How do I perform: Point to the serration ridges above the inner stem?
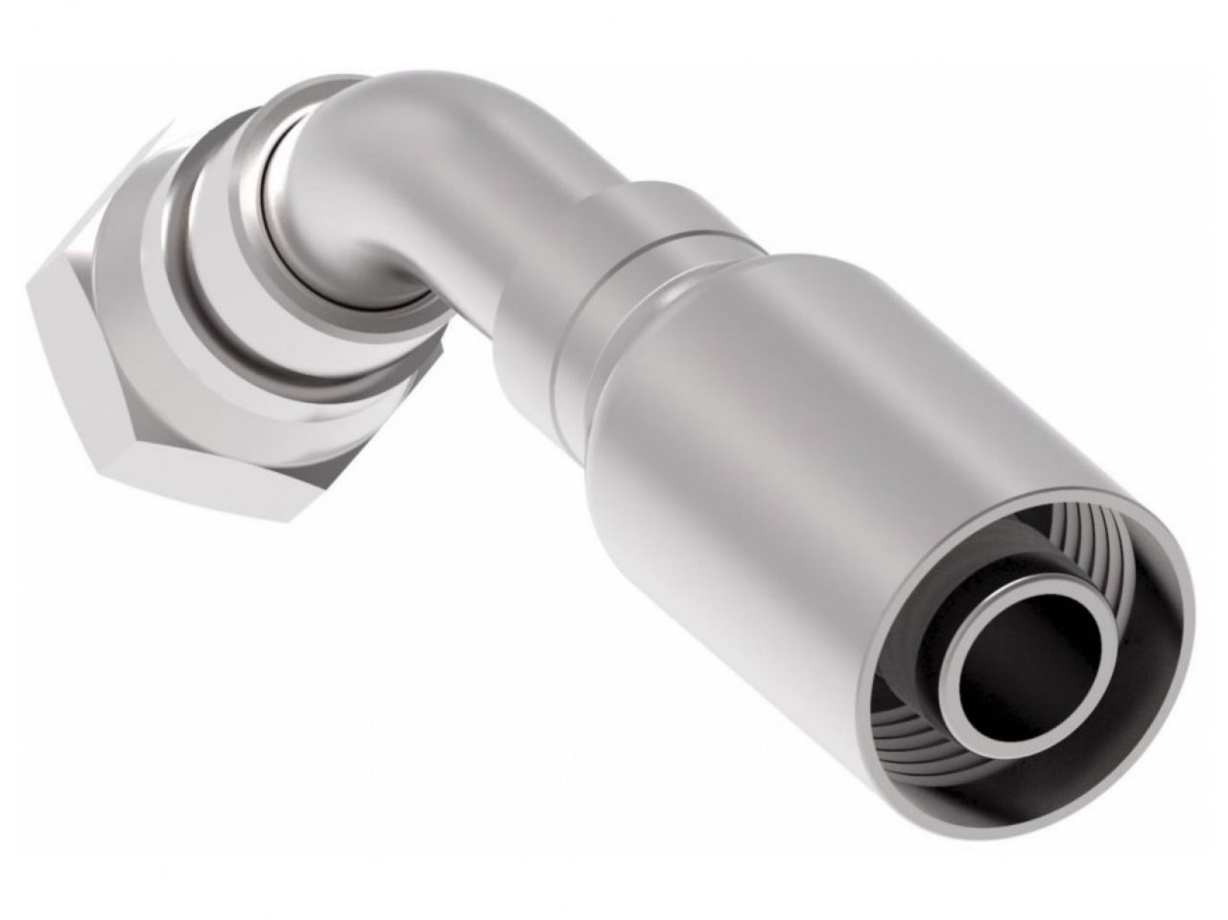[x=1084, y=576]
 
